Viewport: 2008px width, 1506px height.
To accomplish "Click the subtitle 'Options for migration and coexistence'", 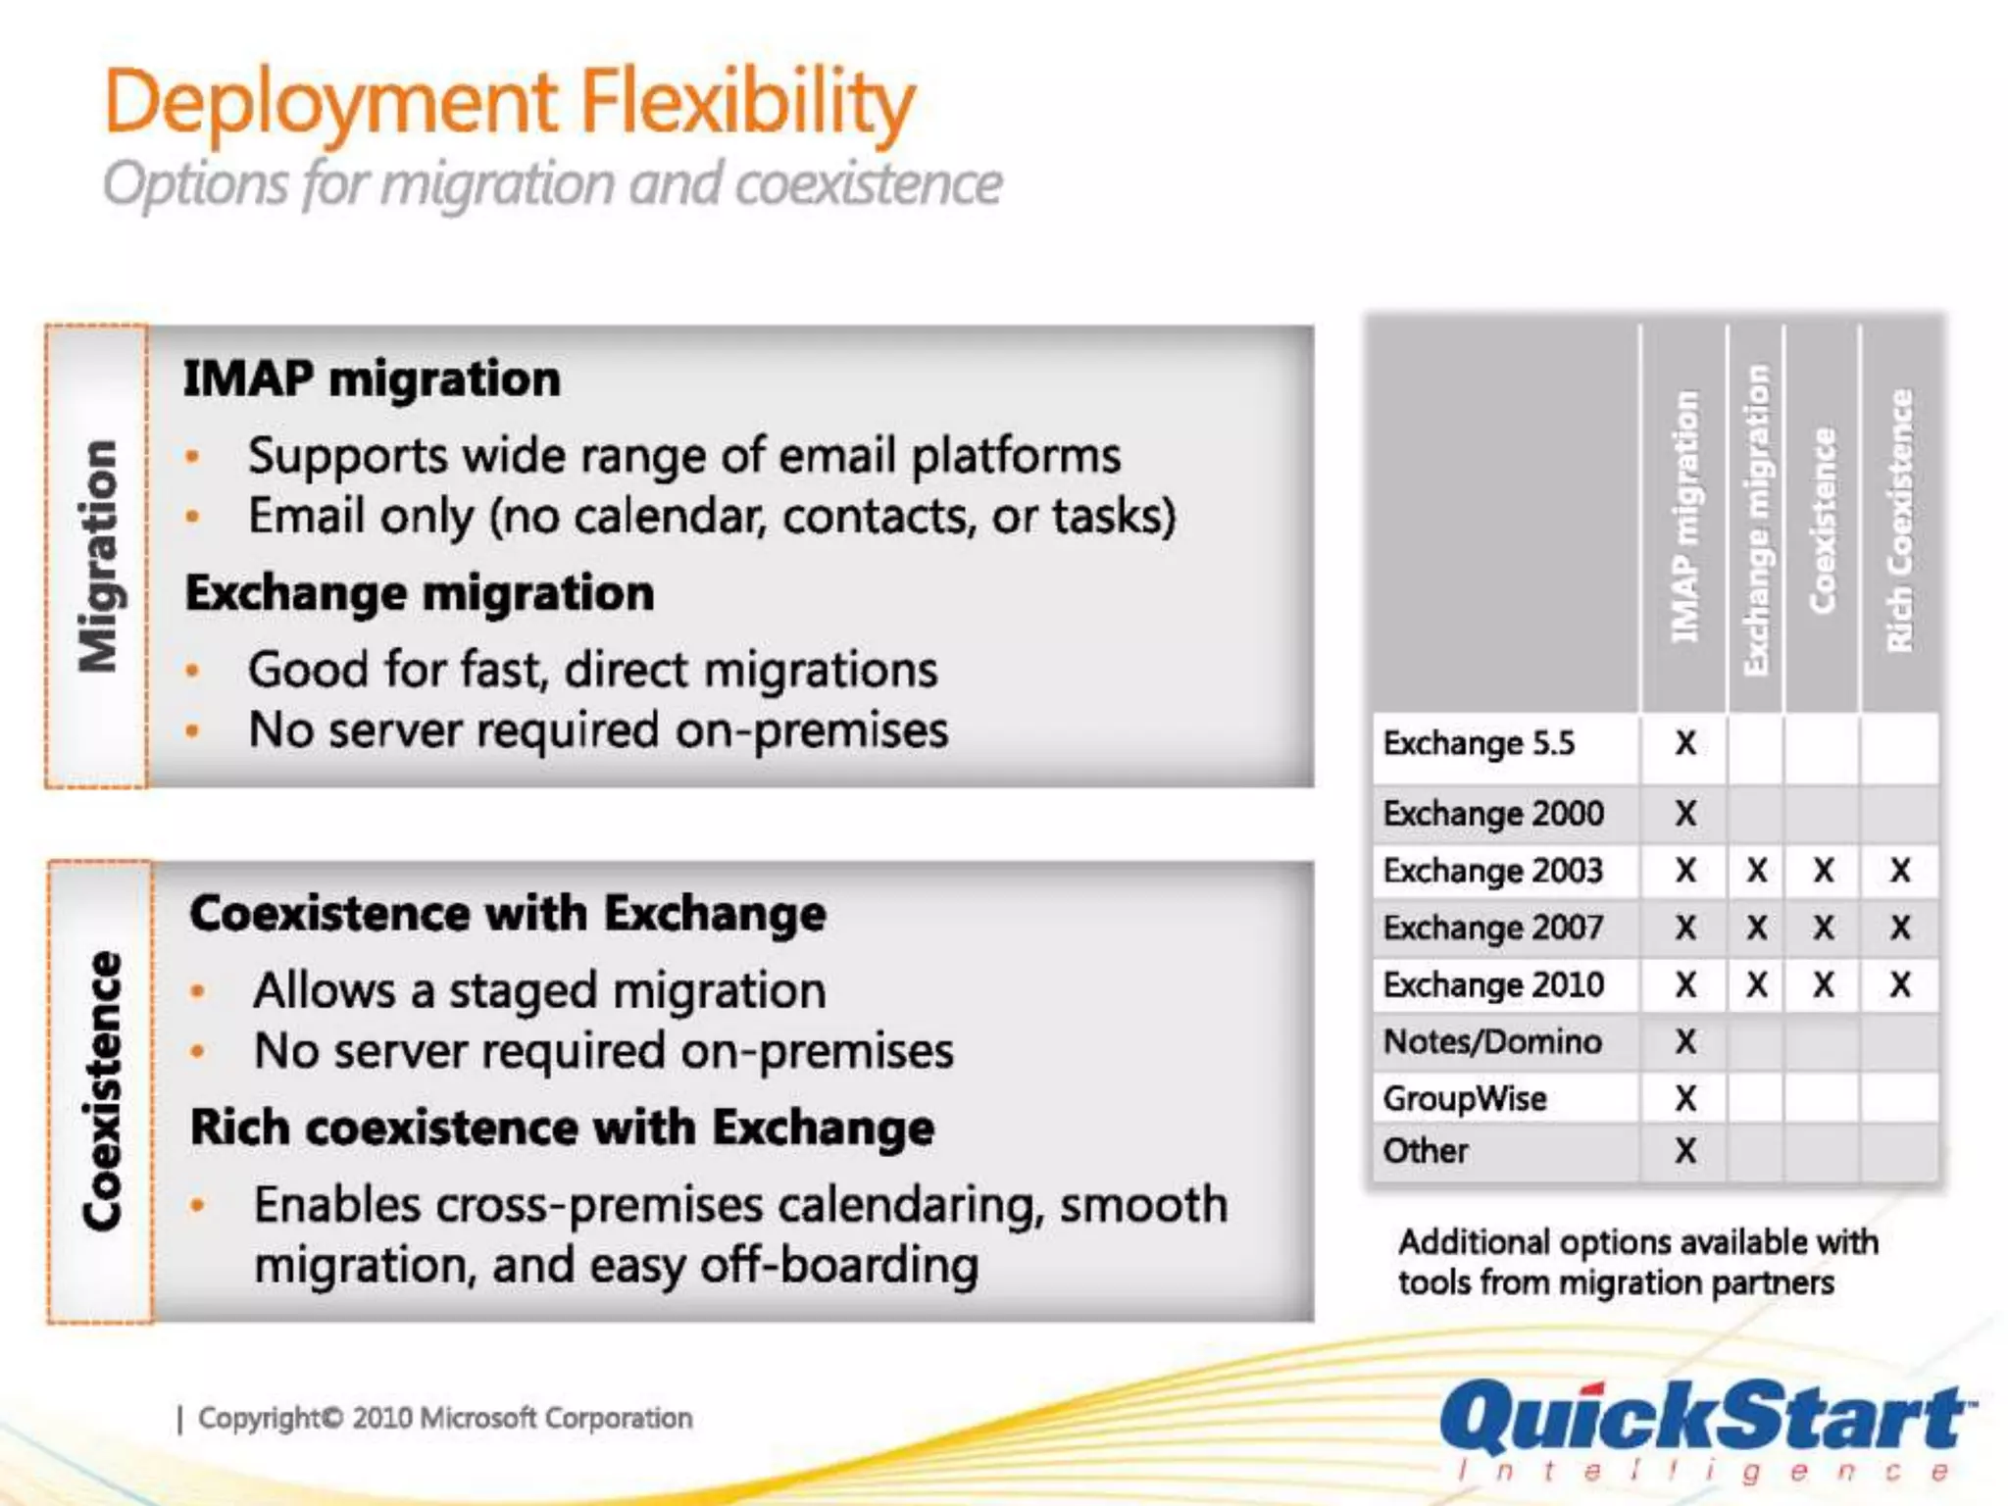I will click(552, 184).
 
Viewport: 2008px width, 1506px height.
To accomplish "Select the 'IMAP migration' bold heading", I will click(372, 379).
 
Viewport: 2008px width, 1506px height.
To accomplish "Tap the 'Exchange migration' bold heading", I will click(420, 593).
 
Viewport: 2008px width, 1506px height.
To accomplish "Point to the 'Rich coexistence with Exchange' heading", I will click(562, 1128).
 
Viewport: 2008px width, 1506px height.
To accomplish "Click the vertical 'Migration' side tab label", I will click(98, 556).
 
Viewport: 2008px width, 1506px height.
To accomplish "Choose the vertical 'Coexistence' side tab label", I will click(102, 1090).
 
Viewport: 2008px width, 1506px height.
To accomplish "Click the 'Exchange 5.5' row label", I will click(1479, 744).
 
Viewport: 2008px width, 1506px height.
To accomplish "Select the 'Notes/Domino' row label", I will click(1492, 1041).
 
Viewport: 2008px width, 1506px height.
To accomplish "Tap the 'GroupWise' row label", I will click(1465, 1098).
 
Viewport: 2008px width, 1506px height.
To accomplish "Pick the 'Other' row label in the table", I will click(1426, 1151).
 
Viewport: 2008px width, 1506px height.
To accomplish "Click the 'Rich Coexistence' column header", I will click(1900, 520).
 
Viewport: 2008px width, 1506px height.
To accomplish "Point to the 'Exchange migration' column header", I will click(1756, 520).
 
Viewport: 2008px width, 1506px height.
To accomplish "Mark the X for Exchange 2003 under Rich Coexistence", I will click(1900, 871).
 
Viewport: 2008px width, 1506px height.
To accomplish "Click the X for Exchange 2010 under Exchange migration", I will click(1757, 984).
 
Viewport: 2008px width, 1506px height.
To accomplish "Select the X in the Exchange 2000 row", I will click(1685, 814).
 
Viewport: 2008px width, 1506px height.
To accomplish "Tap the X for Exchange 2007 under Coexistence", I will click(1824, 928).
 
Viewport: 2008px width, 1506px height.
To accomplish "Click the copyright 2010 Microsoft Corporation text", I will click(445, 1419).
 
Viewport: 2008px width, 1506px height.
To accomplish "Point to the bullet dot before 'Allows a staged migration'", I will click(198, 991).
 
